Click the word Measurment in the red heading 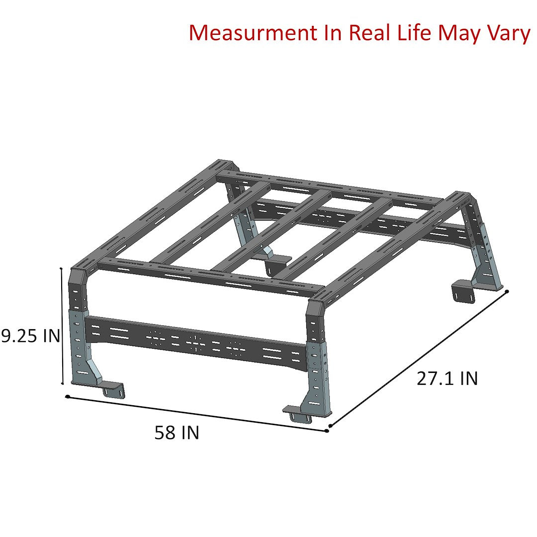pos(253,33)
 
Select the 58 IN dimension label pos(177,433)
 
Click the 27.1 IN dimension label pos(447,378)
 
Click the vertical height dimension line pos(62,326)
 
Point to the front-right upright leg pos(317,358)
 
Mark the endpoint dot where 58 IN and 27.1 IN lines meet pos(327,429)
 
